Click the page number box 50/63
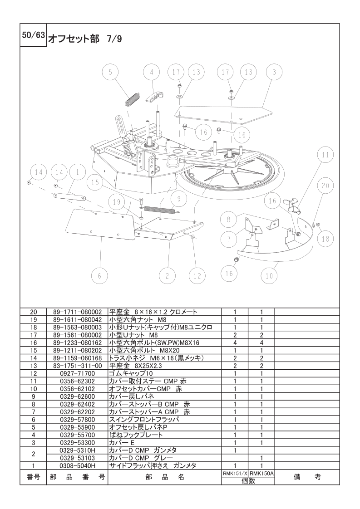tap(33, 35)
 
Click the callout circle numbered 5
tap(110, 73)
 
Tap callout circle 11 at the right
tap(325, 155)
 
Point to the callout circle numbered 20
tap(325, 186)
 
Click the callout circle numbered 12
tap(197, 276)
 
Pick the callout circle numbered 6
tap(99, 276)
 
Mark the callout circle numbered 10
tap(269, 276)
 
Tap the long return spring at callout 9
tap(162, 210)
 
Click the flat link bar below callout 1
tap(69, 197)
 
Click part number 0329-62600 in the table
tap(77, 396)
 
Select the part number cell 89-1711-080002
tap(77, 312)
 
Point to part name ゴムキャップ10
tap(131, 373)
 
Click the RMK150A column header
tap(261, 474)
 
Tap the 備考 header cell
tap(307, 477)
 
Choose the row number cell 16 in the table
tap(34, 343)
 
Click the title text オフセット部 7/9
tap(85, 39)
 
